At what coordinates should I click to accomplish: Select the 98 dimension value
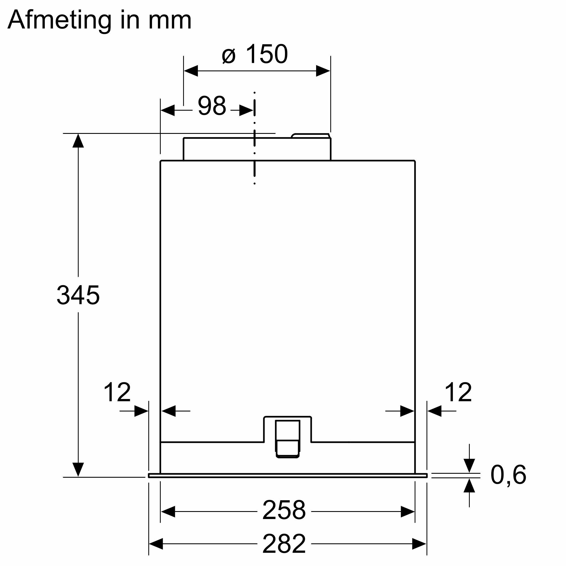pyautogui.click(x=212, y=106)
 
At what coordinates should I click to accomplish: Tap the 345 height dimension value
pyautogui.click(x=78, y=295)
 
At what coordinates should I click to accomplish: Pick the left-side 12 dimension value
pyautogui.click(x=117, y=393)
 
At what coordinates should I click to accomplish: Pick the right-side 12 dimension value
pyautogui.click(x=458, y=393)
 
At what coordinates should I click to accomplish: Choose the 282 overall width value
pyautogui.click(x=284, y=543)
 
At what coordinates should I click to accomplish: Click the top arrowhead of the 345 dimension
pyautogui.click(x=78, y=141)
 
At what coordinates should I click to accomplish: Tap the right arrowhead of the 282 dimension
pyautogui.click(x=419, y=544)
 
